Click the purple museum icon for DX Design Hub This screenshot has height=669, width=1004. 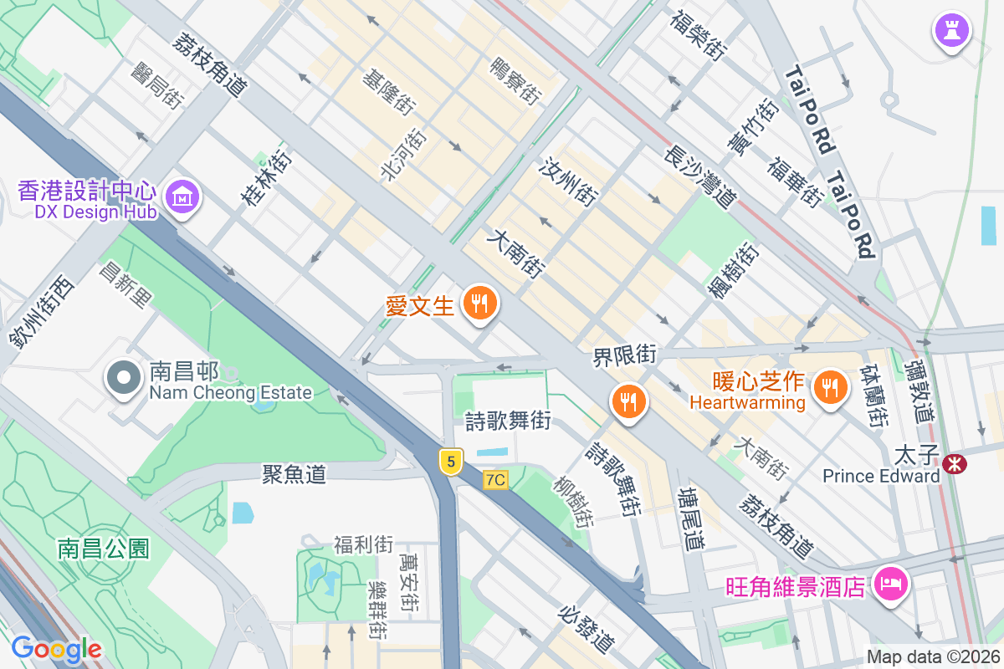pos(182,197)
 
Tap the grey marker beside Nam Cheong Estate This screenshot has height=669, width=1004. pos(124,378)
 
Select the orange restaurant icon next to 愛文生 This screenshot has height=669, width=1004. pos(479,302)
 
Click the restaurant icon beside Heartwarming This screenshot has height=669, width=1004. pos(829,386)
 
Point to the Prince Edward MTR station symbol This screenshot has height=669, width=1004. pos(952,463)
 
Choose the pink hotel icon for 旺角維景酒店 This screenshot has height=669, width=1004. pos(889,583)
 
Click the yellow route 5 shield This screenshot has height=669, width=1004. pos(451,461)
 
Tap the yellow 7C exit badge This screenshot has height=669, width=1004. pos(495,480)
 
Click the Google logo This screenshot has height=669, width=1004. pos(56,649)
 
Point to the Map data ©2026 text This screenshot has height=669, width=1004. pos(932,656)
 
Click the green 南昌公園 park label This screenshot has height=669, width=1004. pos(104,549)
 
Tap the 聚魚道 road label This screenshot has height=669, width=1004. pos(294,474)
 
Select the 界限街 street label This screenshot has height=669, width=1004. pos(624,355)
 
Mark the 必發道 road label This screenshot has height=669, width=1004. pos(587,628)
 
